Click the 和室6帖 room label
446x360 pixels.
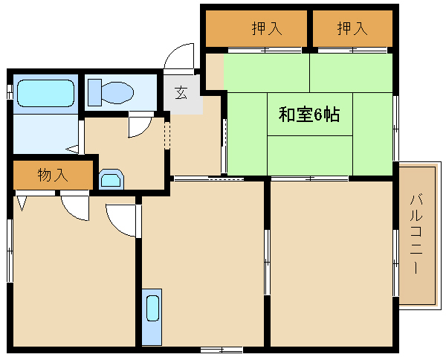309,115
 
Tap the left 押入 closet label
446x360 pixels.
266,29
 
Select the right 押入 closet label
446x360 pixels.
352,29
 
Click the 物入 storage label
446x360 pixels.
53,176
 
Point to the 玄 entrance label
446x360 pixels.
181,93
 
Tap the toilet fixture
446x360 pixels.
111,92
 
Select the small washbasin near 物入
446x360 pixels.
111,179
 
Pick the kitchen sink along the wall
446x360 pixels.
152,316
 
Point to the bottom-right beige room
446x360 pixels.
331,264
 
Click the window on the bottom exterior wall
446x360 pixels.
221,349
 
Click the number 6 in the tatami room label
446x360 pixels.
317,115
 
